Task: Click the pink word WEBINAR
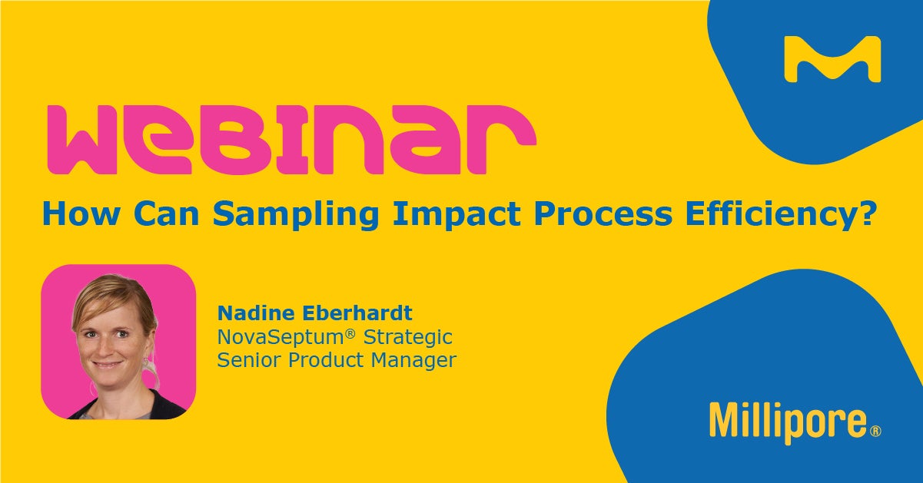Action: click(292, 140)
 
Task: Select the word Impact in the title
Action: click(457, 214)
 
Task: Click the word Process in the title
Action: click(603, 214)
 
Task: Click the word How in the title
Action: click(78, 214)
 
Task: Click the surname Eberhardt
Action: click(357, 313)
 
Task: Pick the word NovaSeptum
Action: click(281, 337)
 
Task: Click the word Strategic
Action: click(408, 337)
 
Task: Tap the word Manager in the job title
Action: click(413, 360)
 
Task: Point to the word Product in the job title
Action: click(326, 360)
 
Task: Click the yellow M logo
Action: click(832, 59)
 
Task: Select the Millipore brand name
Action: click(788, 423)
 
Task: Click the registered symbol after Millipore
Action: click(875, 431)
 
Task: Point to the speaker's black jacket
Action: click(164, 405)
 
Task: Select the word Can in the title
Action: click(166, 214)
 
